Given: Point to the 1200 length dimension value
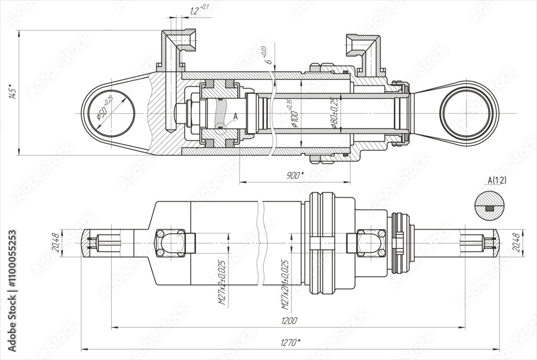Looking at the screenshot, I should click(289, 321).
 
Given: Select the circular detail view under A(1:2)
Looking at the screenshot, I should click(490, 205).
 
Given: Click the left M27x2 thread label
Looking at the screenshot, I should click(222, 284).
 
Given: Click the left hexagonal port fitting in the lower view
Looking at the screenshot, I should click(170, 243).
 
